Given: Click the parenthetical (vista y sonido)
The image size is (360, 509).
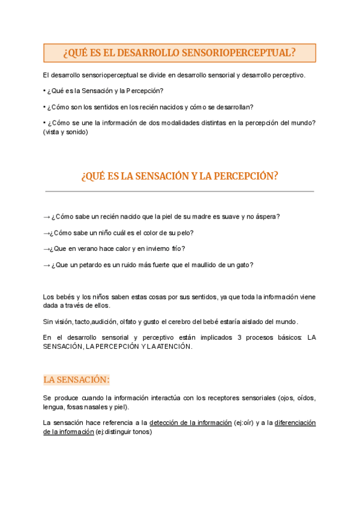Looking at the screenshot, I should point(65,132).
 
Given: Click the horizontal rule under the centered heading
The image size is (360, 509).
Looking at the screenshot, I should point(179,191).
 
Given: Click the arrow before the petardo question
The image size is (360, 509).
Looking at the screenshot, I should point(47,265).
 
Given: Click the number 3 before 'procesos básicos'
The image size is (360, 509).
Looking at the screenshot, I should point(239,337).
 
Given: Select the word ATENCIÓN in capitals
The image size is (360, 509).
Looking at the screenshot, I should point(173,346).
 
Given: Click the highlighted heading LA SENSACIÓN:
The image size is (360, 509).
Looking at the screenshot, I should point(76,380).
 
